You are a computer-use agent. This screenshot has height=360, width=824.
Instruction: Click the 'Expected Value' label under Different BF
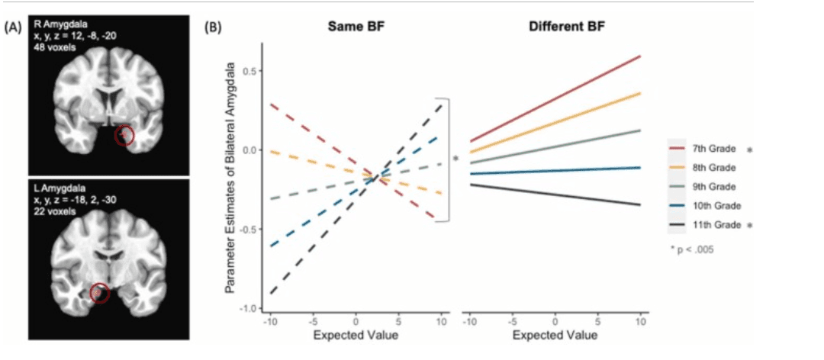[x=555, y=336]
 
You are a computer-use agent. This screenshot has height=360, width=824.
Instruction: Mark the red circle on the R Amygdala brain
[x=124, y=137]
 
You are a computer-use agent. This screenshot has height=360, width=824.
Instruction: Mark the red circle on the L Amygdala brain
[x=100, y=293]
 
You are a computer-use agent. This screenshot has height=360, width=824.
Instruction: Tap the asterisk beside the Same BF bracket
[x=456, y=159]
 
